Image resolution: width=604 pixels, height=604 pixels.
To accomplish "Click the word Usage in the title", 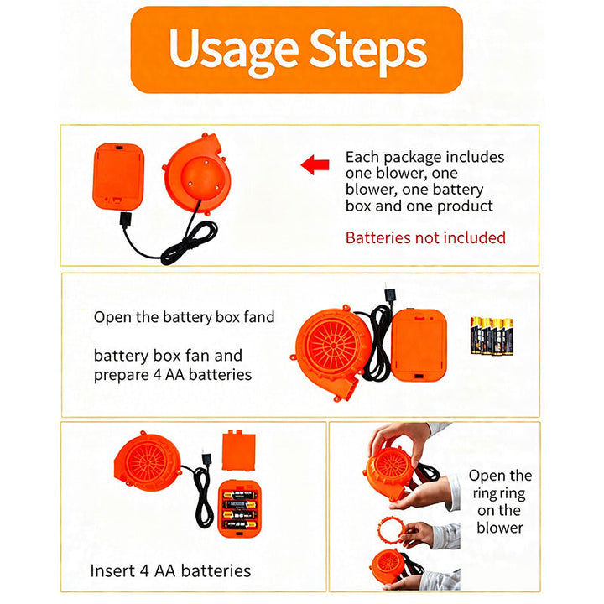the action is click(233, 51).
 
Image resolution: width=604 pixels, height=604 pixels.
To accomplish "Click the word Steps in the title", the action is click(368, 51).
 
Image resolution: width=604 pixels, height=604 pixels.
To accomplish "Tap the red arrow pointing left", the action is click(315, 165).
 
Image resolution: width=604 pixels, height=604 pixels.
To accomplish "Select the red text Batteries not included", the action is click(425, 237).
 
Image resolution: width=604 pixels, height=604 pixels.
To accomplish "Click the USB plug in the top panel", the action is click(126, 220).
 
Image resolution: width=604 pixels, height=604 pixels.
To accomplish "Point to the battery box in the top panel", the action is click(118, 176).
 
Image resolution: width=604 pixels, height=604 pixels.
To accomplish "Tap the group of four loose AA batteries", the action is click(492, 336).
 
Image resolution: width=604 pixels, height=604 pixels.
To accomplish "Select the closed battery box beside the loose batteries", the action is click(419, 345).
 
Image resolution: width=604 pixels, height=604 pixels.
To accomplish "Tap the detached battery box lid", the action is click(239, 450).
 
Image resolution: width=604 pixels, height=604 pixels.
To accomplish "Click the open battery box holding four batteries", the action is click(240, 509).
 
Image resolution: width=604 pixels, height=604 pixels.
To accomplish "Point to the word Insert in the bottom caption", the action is click(112, 570).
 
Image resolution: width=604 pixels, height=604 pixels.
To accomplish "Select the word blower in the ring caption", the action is click(500, 528).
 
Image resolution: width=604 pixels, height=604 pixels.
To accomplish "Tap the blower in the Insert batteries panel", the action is click(148, 461).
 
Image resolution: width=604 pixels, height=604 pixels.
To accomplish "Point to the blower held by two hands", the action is click(389, 473).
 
